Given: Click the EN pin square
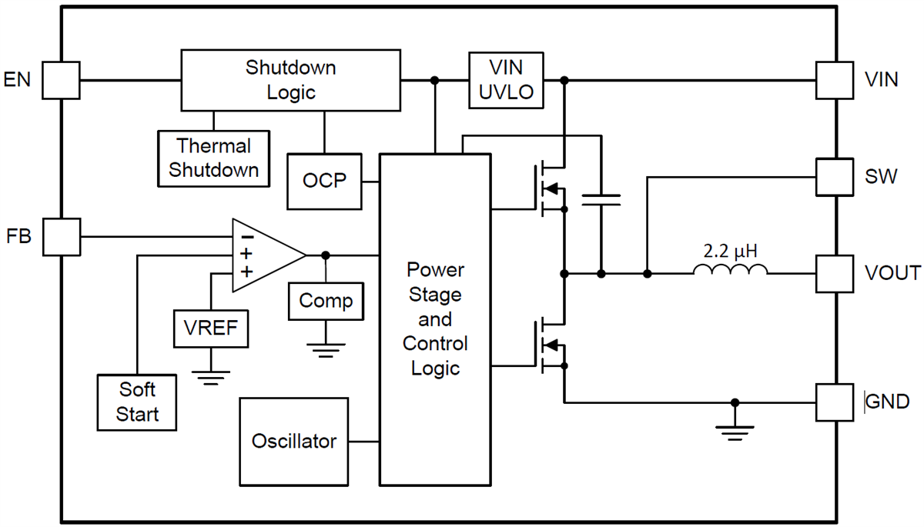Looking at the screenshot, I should (61, 80).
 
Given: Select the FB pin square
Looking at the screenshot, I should (61, 236).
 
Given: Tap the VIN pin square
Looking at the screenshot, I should (835, 80).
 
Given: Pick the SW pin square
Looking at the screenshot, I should (835, 177).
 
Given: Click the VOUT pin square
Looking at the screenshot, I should (835, 273).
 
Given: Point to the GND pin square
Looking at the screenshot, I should (835, 402).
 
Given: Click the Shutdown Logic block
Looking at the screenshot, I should (290, 80).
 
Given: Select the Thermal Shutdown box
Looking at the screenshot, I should (214, 158).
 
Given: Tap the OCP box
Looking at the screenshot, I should (324, 182).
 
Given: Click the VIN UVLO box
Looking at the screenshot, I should (506, 80).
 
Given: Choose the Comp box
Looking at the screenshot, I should (326, 301).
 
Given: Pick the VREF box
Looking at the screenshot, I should (211, 329).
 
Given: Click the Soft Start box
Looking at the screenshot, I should (138, 402).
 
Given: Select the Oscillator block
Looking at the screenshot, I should (293, 442).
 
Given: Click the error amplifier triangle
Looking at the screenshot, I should (262, 255).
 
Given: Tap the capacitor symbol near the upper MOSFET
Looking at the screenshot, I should (601, 200).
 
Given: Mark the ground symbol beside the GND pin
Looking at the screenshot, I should (735, 432).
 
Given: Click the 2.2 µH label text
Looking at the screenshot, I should (730, 251).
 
